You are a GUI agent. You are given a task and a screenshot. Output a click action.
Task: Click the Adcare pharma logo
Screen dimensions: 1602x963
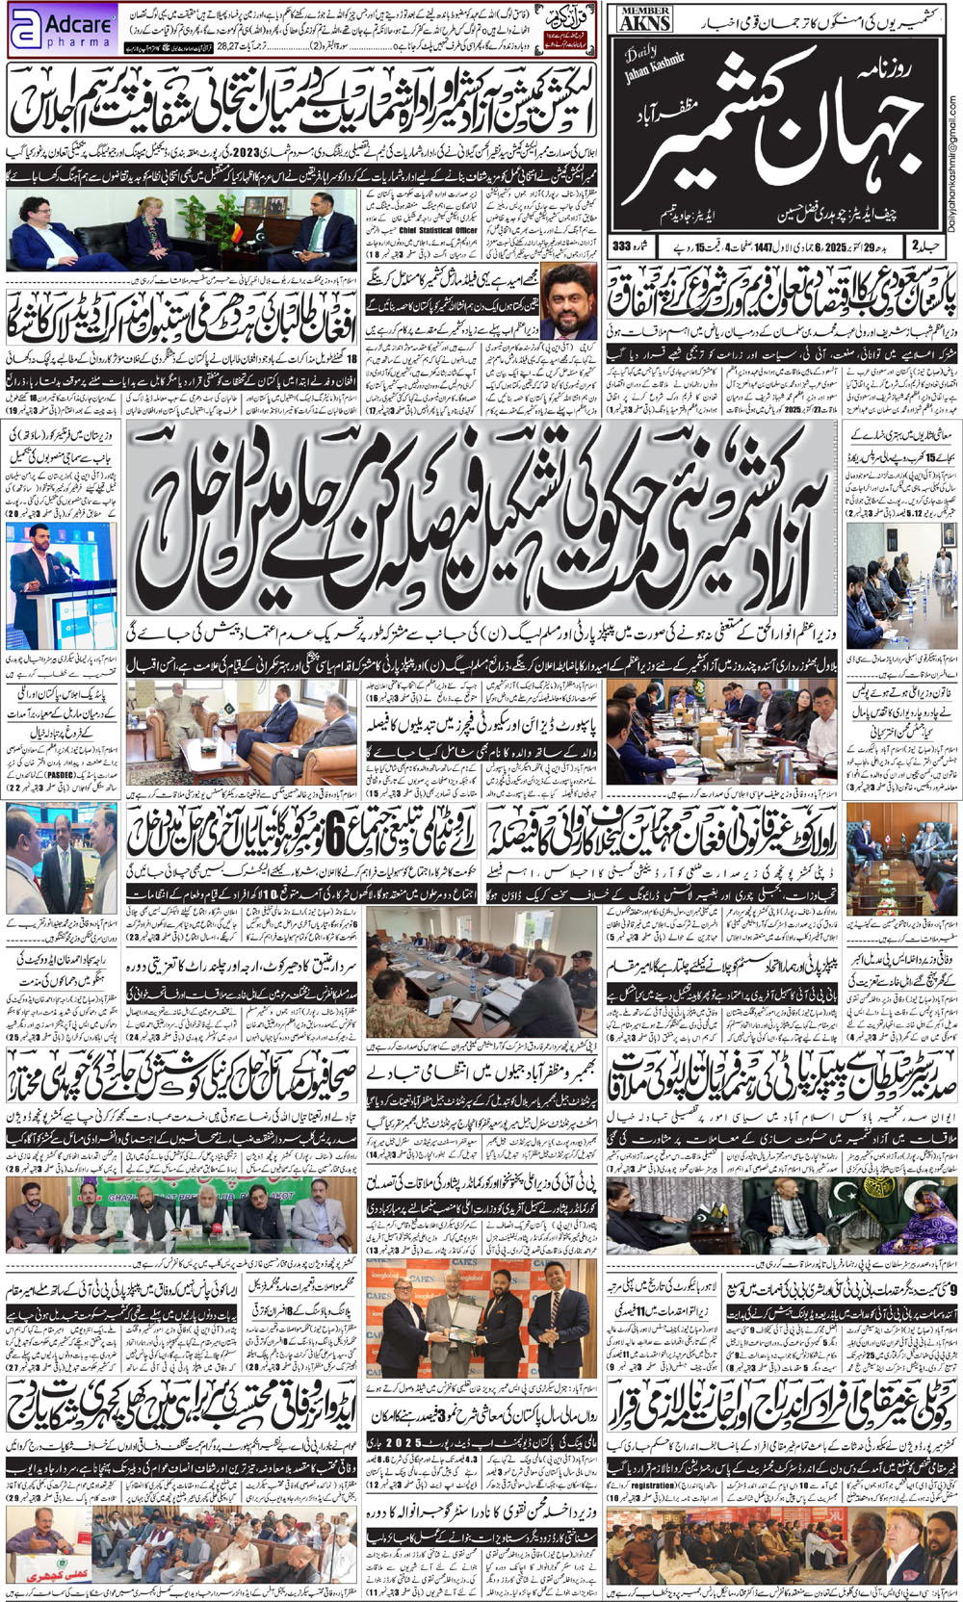click(x=62, y=30)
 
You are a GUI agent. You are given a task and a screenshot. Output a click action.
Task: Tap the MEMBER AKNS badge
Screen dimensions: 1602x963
click(x=645, y=18)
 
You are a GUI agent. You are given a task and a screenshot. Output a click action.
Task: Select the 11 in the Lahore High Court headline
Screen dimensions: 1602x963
click(x=643, y=1308)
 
